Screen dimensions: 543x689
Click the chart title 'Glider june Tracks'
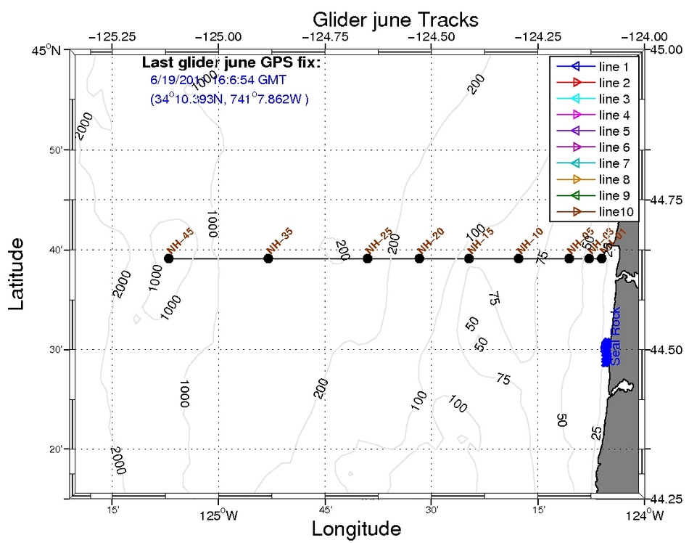(x=395, y=17)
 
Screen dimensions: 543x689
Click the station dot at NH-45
(x=169, y=258)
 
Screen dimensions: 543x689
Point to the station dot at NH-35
(x=268, y=258)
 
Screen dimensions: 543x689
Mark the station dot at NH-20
(x=419, y=258)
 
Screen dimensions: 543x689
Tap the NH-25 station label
(x=380, y=239)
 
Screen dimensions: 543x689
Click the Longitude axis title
(x=356, y=528)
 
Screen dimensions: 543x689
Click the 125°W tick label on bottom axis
(x=218, y=517)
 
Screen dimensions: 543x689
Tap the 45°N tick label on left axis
(x=49, y=50)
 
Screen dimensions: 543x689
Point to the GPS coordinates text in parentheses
(x=229, y=98)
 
